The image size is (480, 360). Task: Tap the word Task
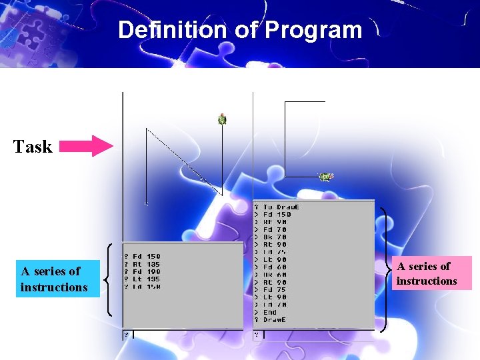[33, 147]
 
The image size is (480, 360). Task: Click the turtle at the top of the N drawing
[222, 119]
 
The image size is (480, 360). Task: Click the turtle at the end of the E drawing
[325, 177]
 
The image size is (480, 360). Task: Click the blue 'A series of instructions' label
[54, 279]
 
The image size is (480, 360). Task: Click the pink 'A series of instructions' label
[427, 273]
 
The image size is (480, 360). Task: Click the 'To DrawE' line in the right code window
[281, 207]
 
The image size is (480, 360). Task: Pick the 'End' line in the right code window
[269, 312]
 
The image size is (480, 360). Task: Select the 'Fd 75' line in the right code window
[275, 289]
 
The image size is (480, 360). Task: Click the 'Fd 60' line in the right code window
[275, 267]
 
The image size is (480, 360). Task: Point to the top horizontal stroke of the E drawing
[305, 102]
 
